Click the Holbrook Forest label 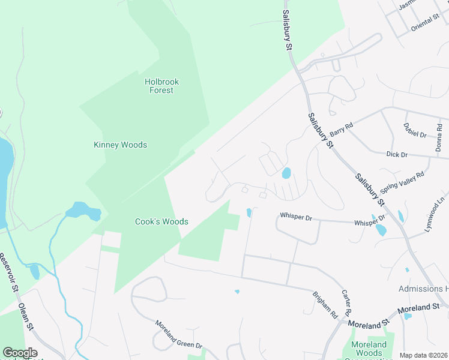pos(161,86)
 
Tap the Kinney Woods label pos(120,145)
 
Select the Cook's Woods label pos(161,221)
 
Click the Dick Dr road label pos(397,154)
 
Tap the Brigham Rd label pos(325,304)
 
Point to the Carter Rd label pos(346,303)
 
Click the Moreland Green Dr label pos(179,334)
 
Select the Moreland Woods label pos(369,349)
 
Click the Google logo pos(20,353)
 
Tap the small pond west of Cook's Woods pos(83,211)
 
